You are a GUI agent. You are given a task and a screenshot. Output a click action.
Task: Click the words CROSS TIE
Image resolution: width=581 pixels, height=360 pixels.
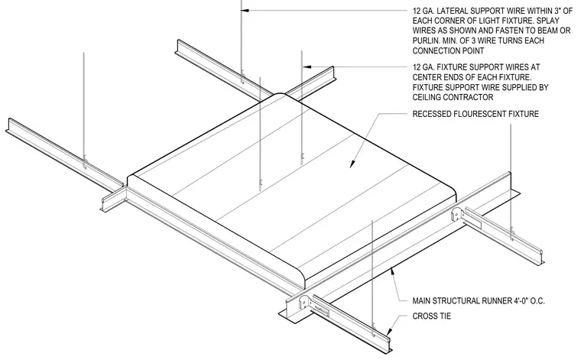coord(432,316)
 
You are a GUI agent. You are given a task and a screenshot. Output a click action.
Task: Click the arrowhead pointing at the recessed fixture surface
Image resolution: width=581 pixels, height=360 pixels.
coord(352,164)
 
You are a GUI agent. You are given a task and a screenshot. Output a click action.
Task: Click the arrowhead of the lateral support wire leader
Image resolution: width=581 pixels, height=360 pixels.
coord(245,11)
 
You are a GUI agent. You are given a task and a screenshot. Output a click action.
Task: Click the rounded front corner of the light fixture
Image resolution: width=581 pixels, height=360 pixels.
coord(310,280)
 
